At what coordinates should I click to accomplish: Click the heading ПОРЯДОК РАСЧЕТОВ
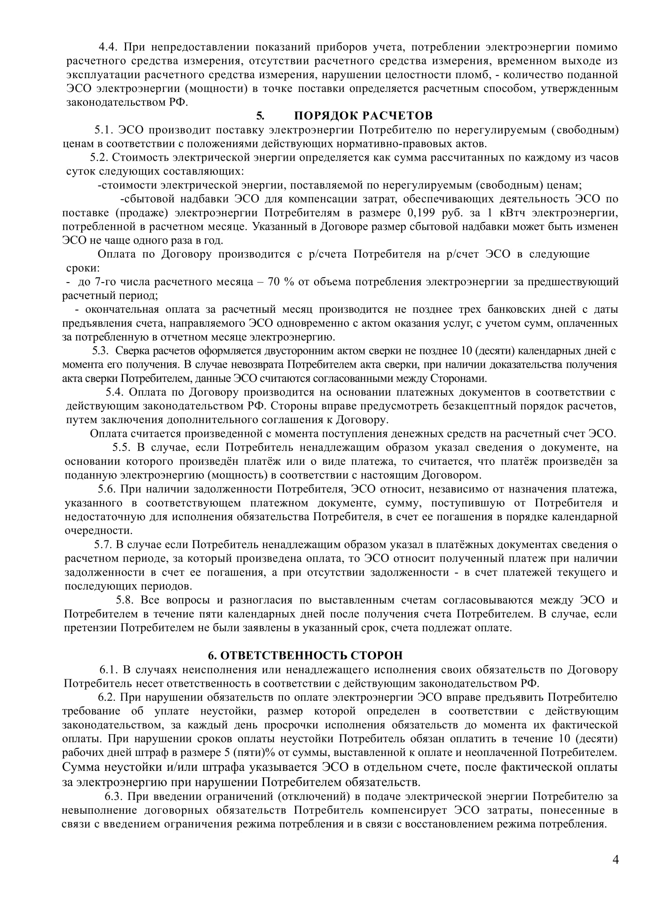click(x=363, y=116)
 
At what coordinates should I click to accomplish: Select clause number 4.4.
click(x=108, y=47)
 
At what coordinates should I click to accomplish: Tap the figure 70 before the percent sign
click(x=274, y=282)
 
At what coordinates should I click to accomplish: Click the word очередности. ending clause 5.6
click(x=99, y=531)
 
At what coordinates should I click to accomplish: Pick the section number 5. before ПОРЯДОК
click(x=260, y=116)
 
